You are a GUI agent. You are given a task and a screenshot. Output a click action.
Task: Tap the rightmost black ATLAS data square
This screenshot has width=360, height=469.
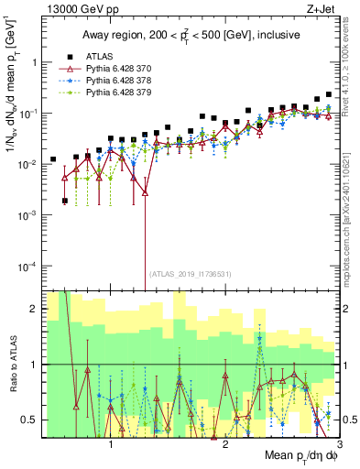pyautogui.click(x=329, y=94)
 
